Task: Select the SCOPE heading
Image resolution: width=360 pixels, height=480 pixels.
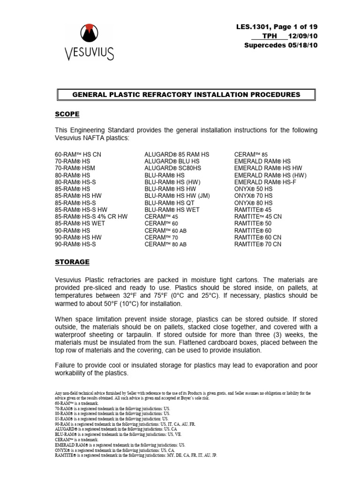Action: click(x=67, y=114)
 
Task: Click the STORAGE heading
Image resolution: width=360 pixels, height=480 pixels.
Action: click(x=73, y=262)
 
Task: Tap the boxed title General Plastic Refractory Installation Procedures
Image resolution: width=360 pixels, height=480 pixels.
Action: click(x=186, y=95)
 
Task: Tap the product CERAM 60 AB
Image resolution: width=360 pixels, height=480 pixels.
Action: click(x=165, y=230)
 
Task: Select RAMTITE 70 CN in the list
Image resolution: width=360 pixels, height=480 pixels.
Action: click(x=257, y=244)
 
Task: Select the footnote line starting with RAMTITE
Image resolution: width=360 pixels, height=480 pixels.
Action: click(x=136, y=455)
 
